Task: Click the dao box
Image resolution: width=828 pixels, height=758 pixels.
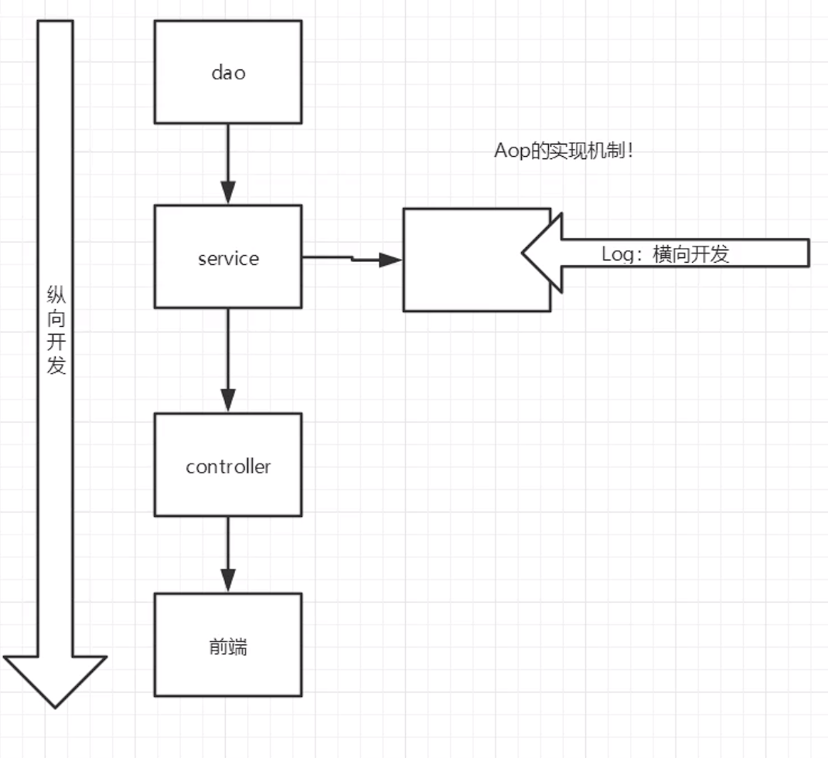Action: click(x=227, y=72)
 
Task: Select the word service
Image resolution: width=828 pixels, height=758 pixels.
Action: click(x=228, y=258)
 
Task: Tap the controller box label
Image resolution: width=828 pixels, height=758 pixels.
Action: click(x=228, y=467)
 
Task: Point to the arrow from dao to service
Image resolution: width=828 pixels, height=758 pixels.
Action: click(x=227, y=158)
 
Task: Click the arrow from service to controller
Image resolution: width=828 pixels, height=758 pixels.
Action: click(x=227, y=355)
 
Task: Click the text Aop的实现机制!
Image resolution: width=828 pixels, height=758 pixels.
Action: click(x=564, y=151)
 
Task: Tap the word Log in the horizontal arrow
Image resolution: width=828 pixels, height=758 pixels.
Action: click(x=618, y=254)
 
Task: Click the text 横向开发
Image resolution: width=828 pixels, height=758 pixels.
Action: click(x=690, y=254)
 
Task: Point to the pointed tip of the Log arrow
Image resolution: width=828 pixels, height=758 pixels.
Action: click(x=524, y=253)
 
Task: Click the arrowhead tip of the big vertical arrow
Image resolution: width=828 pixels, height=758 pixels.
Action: click(x=55, y=705)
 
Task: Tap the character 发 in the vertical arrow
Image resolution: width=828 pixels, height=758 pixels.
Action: click(x=56, y=365)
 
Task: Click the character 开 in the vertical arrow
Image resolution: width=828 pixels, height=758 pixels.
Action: click(x=56, y=342)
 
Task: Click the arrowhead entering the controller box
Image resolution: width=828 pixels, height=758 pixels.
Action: click(x=227, y=402)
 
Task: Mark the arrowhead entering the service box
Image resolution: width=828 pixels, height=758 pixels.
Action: click(x=227, y=193)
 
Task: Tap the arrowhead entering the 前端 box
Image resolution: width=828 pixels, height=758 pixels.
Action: click(x=227, y=582)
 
